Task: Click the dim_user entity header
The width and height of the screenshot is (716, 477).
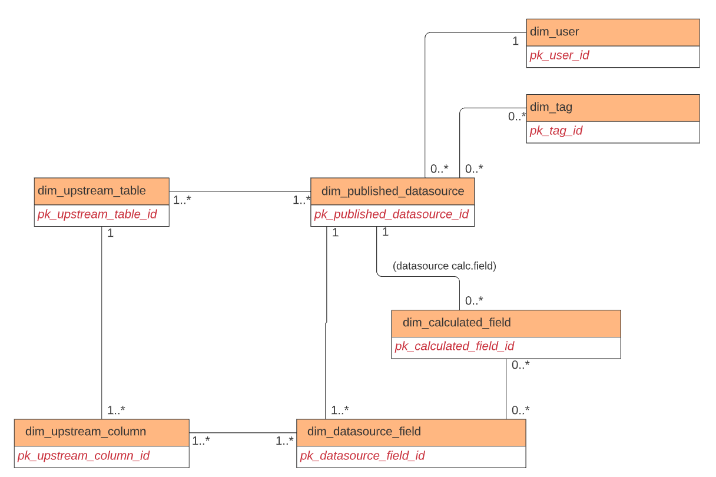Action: pos(612,32)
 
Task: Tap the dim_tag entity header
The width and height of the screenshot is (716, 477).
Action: pos(612,107)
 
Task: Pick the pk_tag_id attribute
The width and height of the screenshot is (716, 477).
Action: pos(556,131)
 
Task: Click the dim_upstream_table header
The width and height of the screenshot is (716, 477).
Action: pos(101,191)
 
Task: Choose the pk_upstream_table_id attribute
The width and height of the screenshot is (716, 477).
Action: pos(97,214)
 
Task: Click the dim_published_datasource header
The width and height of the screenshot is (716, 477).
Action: pos(392,191)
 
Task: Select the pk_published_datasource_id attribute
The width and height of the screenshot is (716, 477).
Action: pos(392,214)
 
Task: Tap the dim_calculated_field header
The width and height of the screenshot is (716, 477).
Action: pos(506,323)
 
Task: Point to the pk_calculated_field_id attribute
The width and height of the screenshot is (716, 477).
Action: pos(455,346)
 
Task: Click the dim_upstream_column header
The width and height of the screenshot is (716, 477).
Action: pos(101,432)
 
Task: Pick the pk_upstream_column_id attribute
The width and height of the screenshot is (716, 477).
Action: pos(83,456)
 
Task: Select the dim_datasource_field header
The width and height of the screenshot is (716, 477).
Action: pos(410,432)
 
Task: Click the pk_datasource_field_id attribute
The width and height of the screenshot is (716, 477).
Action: pos(362,456)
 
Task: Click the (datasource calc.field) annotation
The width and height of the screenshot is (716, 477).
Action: pos(445,266)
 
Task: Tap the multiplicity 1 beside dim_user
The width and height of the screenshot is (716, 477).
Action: pos(515,41)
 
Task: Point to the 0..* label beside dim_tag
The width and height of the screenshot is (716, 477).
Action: pos(516,117)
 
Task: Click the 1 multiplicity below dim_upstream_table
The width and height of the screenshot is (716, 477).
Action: pos(110,233)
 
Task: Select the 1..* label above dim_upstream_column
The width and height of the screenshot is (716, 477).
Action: pos(116,410)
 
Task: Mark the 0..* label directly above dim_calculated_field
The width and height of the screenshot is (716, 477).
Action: pos(474,301)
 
